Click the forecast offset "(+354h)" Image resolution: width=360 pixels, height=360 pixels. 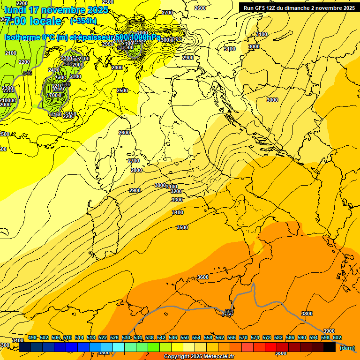[83, 21]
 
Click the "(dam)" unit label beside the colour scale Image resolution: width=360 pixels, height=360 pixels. [347, 347]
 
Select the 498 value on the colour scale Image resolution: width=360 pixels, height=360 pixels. [32, 337]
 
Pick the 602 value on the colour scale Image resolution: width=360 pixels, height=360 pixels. [337, 337]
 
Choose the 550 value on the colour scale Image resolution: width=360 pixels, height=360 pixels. [185, 337]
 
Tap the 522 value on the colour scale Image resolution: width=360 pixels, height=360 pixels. [103, 337]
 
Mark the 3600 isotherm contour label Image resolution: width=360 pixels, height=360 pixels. [202, 277]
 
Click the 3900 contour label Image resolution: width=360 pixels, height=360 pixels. [329, 331]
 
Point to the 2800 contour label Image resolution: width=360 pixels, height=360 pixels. [136, 170]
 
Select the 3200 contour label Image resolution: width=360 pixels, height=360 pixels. [176, 191]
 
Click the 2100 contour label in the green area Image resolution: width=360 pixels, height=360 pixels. [10, 53]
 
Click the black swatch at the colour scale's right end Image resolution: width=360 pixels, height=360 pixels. [330, 347]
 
